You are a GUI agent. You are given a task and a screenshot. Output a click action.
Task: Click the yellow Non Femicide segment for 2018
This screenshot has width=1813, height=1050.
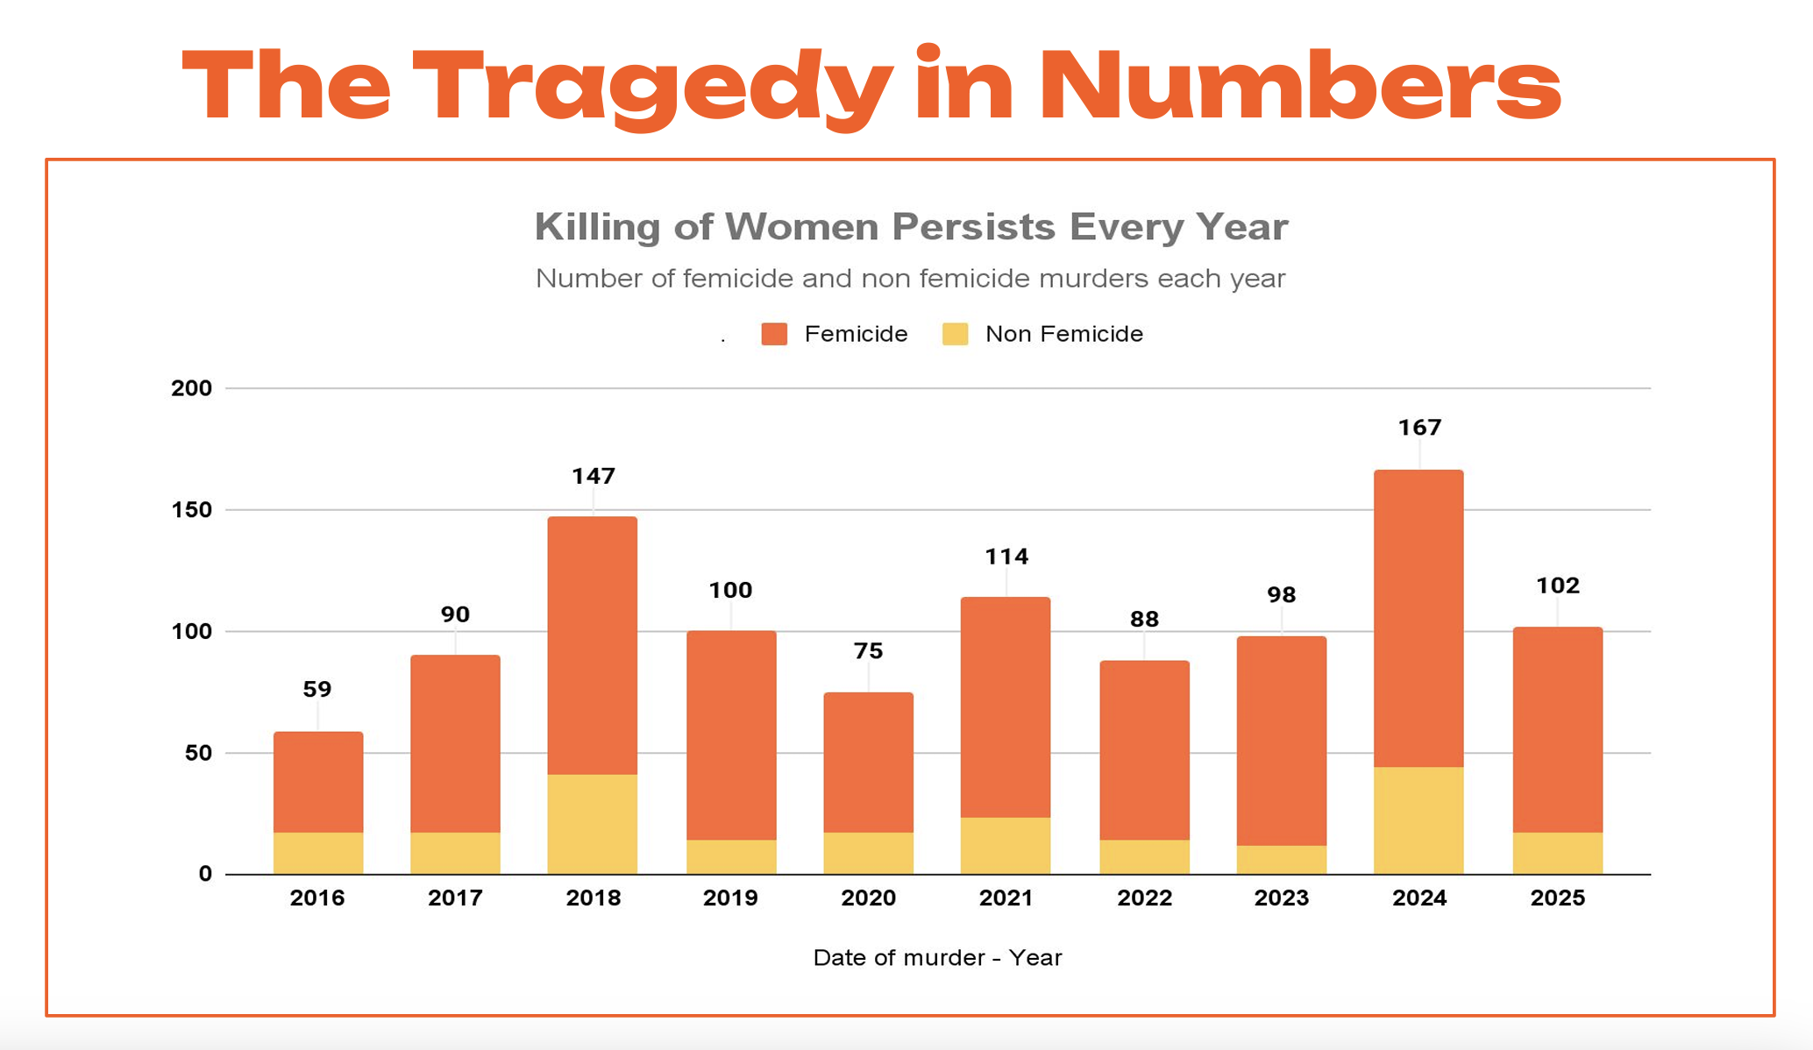tap(593, 824)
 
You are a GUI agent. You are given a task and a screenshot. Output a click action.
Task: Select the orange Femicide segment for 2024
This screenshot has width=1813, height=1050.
tap(1418, 618)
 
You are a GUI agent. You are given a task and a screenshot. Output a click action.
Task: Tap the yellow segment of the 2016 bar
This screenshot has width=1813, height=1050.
tap(318, 853)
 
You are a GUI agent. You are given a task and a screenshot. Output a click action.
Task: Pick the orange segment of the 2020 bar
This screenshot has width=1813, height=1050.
tap(868, 762)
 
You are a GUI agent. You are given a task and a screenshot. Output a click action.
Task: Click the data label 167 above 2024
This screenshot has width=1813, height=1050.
tap(1419, 428)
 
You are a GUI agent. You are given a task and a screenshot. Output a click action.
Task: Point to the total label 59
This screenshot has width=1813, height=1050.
tap(317, 690)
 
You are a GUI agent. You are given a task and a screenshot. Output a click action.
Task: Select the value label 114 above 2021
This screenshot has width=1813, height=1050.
tap(1006, 557)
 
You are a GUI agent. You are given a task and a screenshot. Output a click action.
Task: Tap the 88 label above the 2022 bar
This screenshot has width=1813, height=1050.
tap(1144, 620)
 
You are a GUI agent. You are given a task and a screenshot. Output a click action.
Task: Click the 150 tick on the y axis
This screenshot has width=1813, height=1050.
tap(192, 510)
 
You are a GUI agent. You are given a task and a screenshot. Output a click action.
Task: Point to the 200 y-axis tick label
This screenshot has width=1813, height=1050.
tap(192, 388)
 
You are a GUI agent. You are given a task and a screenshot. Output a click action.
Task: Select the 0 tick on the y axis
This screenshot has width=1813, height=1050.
tap(205, 874)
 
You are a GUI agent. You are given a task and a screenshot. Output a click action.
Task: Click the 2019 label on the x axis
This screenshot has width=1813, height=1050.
tap(730, 898)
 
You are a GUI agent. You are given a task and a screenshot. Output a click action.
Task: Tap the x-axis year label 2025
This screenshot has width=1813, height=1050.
tap(1558, 898)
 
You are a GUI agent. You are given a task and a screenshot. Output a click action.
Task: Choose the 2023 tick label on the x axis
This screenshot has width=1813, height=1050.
tap(1282, 898)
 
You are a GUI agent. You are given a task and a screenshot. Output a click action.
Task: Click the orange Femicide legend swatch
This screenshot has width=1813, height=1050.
tap(774, 334)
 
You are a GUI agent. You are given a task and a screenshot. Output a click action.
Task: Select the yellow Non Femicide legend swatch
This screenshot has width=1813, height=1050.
tap(955, 334)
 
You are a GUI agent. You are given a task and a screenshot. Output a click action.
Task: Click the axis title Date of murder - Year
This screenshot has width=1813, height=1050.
tap(937, 958)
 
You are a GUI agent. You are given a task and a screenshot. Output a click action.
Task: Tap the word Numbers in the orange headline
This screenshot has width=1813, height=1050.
tap(1299, 86)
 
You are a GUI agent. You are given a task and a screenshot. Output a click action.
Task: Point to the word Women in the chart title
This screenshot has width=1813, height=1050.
tap(801, 227)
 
